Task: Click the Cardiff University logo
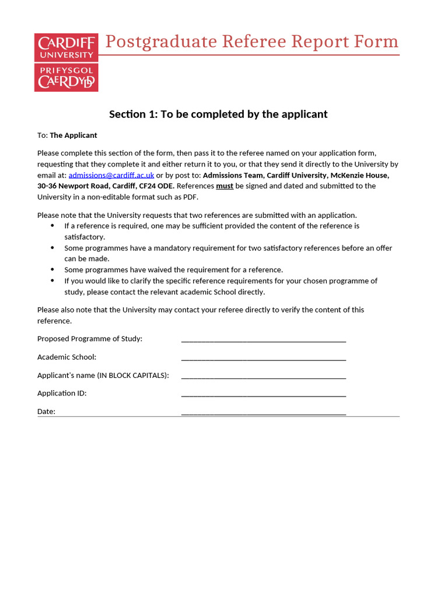66,62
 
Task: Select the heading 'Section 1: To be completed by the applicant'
218,114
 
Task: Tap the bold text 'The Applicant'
73,135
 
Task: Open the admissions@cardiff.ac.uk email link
111,175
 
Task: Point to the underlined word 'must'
225,186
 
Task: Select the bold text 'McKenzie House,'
360,175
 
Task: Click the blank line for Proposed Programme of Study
264,339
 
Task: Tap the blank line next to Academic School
264,357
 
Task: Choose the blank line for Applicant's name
264,376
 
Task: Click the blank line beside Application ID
264,394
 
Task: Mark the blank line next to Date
264,412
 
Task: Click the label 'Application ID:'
62,393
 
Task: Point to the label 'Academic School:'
66,357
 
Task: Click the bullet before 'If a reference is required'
52,226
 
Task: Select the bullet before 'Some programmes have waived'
52,270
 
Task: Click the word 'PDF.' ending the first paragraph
190,197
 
